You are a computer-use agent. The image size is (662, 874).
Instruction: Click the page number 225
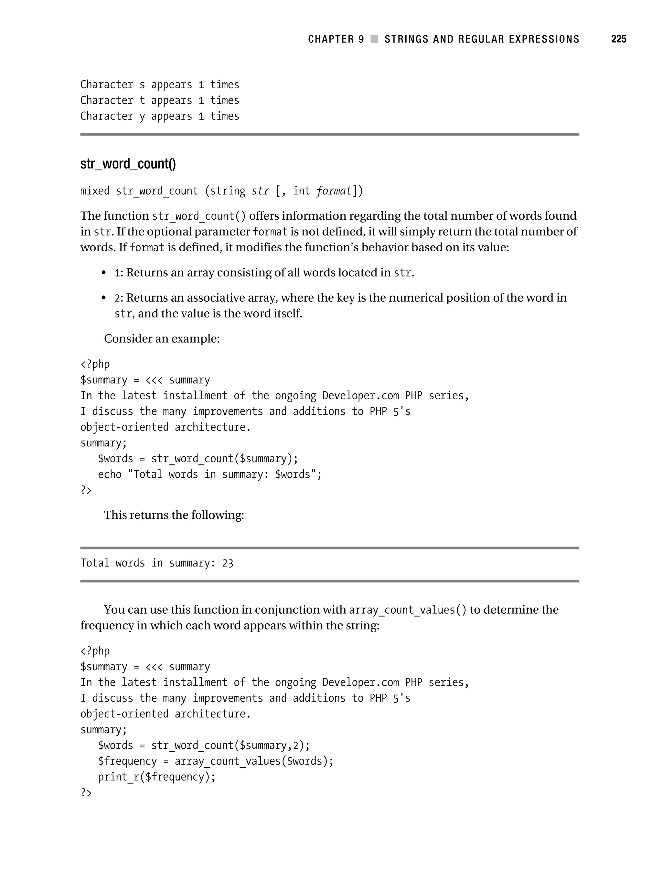pyautogui.click(x=618, y=39)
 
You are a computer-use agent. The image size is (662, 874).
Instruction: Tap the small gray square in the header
pyautogui.click(x=374, y=39)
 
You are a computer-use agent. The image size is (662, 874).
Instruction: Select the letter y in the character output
pyautogui.click(x=142, y=117)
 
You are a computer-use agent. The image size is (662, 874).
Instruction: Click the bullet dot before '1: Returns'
pyautogui.click(x=104, y=273)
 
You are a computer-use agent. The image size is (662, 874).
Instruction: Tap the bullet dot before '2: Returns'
pyautogui.click(x=104, y=298)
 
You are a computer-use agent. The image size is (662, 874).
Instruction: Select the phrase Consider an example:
pyautogui.click(x=161, y=338)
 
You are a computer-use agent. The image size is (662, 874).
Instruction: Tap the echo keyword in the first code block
pyautogui.click(x=110, y=474)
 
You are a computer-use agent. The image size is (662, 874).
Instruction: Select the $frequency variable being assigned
pyautogui.click(x=127, y=761)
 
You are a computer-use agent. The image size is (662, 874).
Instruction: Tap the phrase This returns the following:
pyautogui.click(x=174, y=515)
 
